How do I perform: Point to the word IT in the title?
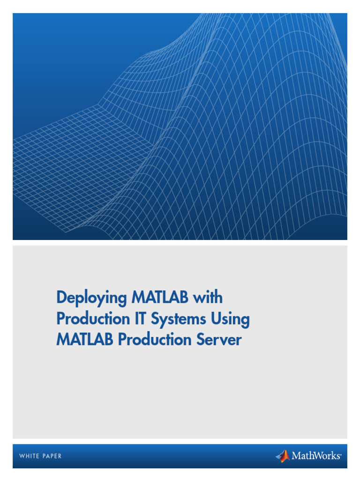[137, 319]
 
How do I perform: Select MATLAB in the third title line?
[85, 340]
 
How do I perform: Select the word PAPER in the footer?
[52, 456]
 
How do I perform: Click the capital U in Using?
[217, 319]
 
